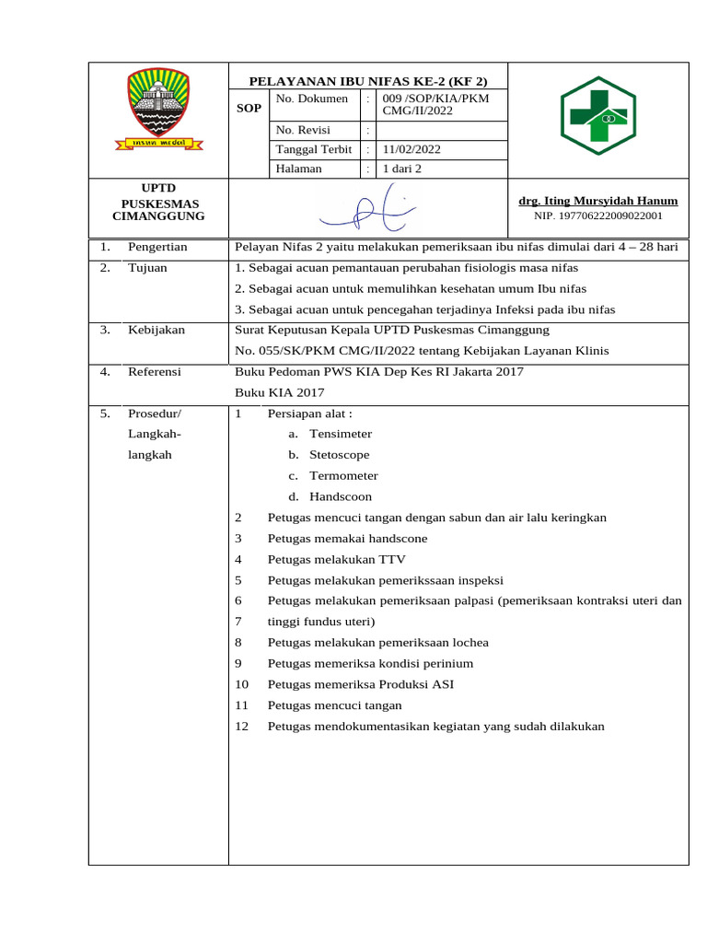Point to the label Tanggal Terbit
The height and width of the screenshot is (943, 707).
tap(313, 150)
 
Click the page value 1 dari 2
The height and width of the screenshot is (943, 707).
tap(402, 169)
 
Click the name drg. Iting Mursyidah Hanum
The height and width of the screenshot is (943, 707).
tap(598, 201)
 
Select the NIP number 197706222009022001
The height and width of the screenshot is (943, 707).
tap(598, 216)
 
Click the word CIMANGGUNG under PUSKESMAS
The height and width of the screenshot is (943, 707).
tap(158, 216)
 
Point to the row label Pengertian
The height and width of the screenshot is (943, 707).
tap(157, 247)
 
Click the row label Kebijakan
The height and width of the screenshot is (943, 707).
tap(156, 330)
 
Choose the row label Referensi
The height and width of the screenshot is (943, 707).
tap(155, 372)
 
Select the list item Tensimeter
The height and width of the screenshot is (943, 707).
tap(341, 434)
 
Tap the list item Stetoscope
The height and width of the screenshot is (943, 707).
tap(340, 455)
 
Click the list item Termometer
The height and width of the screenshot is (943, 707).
tap(343, 476)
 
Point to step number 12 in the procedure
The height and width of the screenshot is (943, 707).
tap(242, 727)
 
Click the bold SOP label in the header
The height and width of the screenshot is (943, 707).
tap(249, 109)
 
